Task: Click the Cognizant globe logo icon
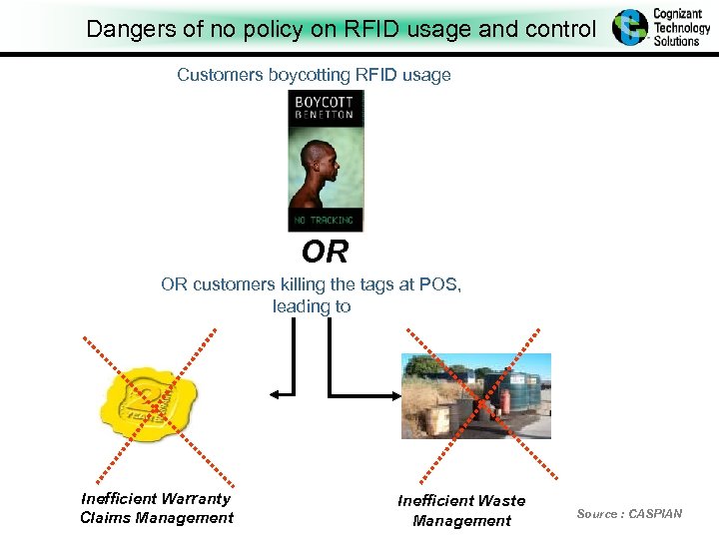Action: tap(630, 27)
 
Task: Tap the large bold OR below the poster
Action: tap(325, 251)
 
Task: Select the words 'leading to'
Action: tap(312, 306)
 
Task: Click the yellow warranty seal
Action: tap(150, 405)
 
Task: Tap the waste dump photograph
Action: tap(475, 396)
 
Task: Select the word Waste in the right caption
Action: tap(501, 500)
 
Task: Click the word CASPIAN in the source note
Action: tap(655, 513)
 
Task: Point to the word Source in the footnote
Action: tap(597, 513)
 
